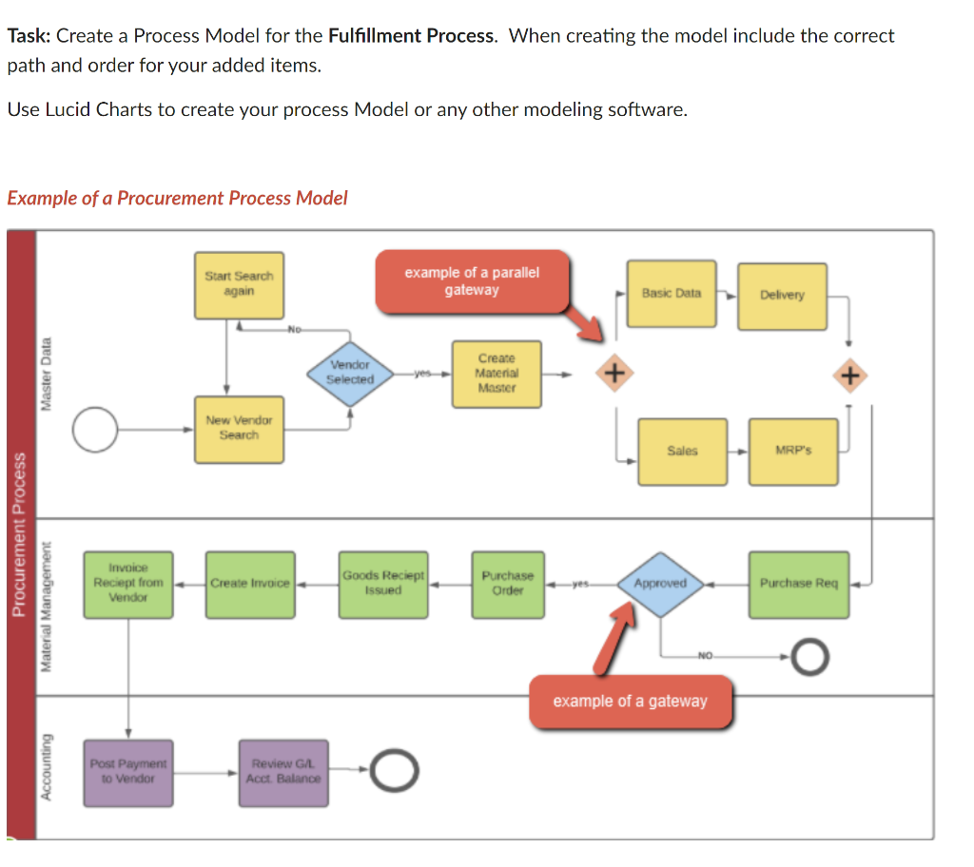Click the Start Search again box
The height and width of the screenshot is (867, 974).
coord(239,284)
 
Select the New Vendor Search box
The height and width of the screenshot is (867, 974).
coord(239,429)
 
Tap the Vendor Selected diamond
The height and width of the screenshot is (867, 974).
coord(351,372)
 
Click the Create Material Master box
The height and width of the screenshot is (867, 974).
coord(497,374)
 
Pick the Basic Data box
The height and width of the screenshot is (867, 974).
coord(672,294)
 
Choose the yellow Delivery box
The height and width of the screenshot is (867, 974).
coord(782,296)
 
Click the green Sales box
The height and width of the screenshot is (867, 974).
coord(682,452)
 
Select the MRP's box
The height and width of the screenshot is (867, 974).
coord(793,452)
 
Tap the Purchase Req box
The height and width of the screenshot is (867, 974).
coord(798,584)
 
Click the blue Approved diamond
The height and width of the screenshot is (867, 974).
coord(659,584)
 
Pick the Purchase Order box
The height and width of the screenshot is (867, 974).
coord(507,584)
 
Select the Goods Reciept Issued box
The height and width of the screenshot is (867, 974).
coord(383,584)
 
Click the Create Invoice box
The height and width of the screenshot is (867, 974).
coord(250,584)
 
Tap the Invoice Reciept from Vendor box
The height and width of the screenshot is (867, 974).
coord(128,584)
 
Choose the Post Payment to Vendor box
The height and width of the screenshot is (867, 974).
coord(128,772)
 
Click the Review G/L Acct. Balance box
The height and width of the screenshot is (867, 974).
coord(283,772)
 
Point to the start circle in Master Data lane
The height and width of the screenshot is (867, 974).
coord(94,430)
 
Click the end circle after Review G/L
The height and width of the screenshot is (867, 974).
coord(393,771)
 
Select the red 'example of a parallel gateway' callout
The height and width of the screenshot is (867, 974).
coord(472,281)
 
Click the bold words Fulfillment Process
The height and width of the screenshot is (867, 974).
coord(412,36)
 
